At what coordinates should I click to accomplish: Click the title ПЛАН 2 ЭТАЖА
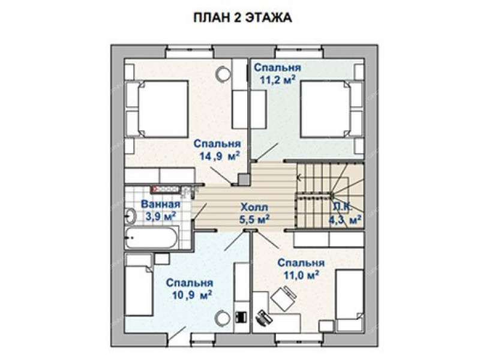point(242,18)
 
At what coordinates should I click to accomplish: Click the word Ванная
point(158,203)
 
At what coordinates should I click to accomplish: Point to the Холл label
point(251,205)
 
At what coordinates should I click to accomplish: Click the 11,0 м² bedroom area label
point(300,275)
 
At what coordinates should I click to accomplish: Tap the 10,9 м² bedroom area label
point(190,296)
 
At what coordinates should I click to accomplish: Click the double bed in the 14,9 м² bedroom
point(163,109)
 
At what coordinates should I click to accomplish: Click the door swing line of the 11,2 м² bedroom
point(267,152)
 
